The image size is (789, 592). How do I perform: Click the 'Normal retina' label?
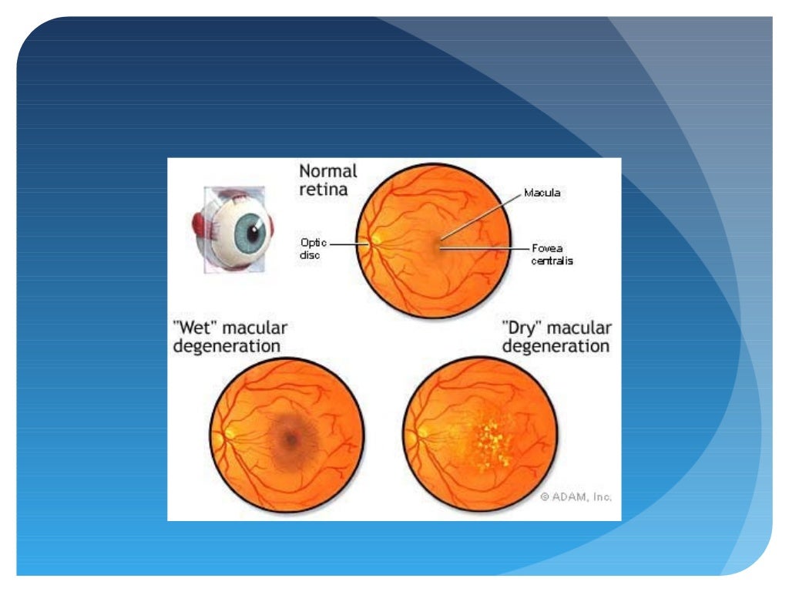[x=327, y=179]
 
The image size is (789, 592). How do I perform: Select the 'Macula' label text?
[x=542, y=193]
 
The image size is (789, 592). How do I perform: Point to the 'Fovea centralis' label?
[x=552, y=254]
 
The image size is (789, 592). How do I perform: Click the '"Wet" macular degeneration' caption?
[x=230, y=337]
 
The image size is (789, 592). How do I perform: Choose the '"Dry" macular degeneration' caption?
[x=556, y=337]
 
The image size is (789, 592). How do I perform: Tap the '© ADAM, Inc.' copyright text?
[x=576, y=498]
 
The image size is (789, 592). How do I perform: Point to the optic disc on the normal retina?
[x=376, y=240]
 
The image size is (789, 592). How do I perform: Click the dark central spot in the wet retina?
[x=290, y=439]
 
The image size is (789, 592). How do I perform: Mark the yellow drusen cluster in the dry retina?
[x=489, y=446]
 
